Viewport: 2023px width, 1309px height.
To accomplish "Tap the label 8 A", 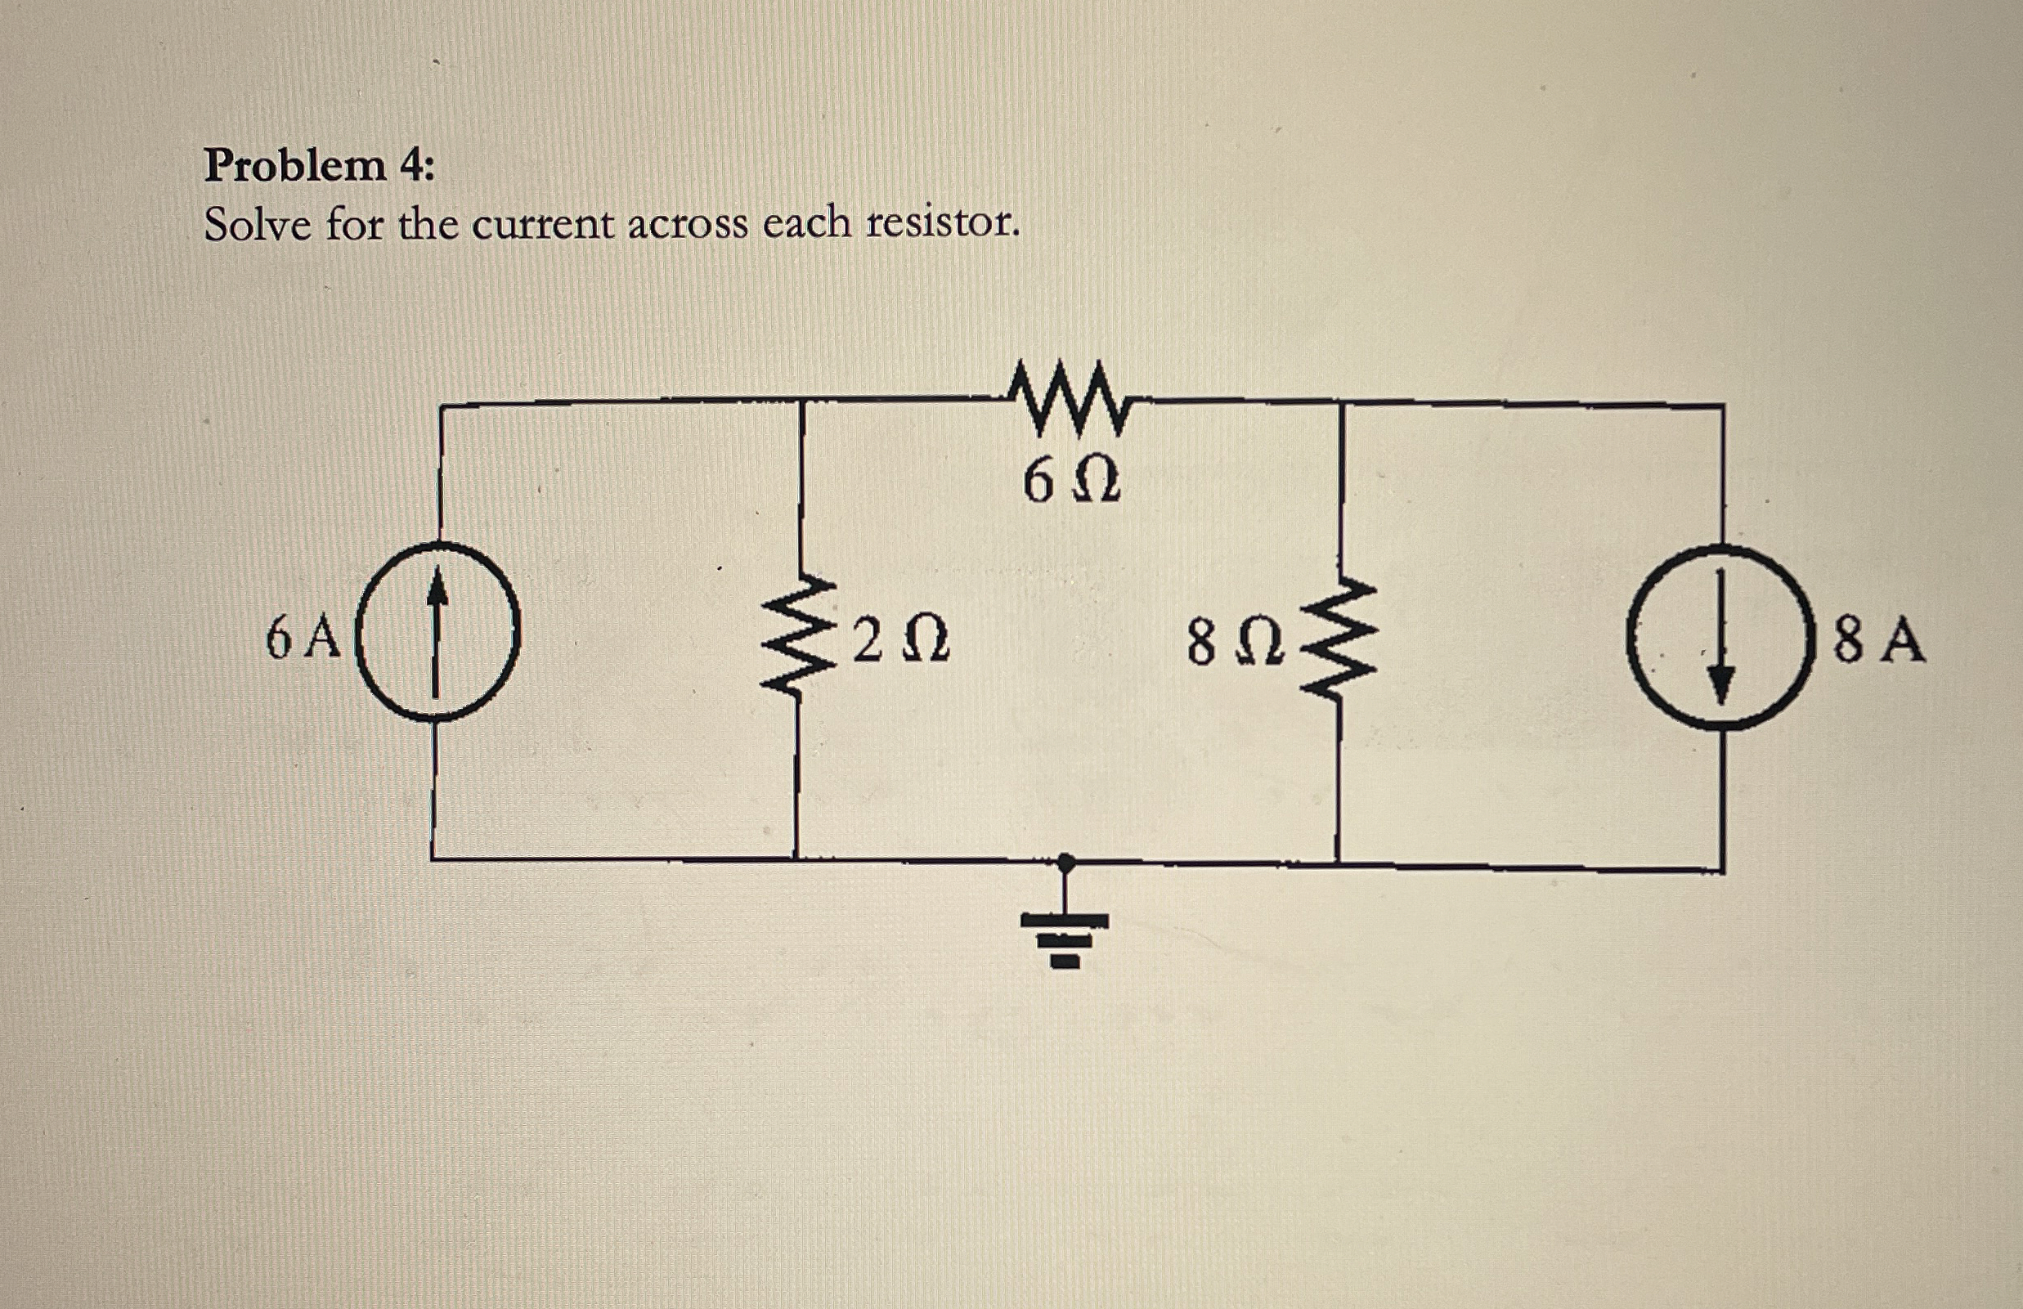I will click(1878, 642).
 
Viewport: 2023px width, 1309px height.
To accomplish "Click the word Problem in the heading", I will click(295, 166).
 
